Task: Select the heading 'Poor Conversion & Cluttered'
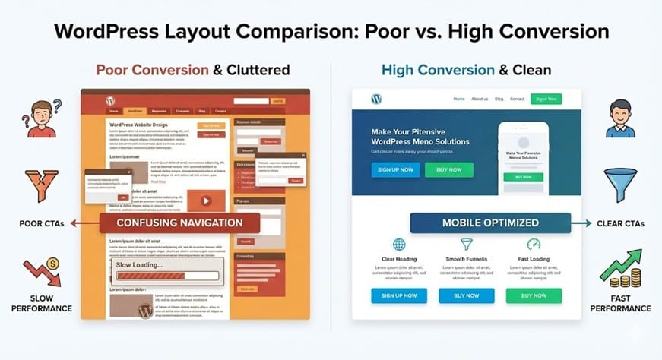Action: point(193,70)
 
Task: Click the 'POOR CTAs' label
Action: point(41,223)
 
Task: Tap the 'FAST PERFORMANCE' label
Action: point(621,303)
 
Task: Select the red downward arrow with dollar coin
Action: point(41,273)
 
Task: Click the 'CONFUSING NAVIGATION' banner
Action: point(179,223)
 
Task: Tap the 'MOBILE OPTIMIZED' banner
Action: point(490,223)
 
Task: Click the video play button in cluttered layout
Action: point(205,201)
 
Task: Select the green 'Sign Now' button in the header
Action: point(546,99)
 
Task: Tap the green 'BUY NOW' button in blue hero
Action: point(448,169)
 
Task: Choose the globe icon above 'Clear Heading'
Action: point(399,245)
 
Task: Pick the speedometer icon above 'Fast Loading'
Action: point(534,245)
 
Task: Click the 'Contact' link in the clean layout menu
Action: point(517,99)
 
